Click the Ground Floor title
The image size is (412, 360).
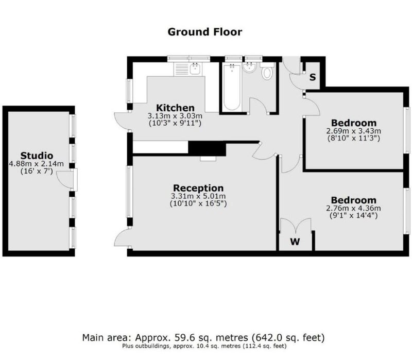(204, 32)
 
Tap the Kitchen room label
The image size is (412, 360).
(175, 108)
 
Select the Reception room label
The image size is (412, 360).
(198, 188)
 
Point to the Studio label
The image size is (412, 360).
(37, 156)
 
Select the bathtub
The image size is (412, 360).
(232, 87)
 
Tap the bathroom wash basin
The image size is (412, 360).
(249, 67)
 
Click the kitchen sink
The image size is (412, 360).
(195, 69)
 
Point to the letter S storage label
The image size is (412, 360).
(313, 77)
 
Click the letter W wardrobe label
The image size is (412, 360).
(295, 241)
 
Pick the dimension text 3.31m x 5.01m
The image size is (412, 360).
(198, 196)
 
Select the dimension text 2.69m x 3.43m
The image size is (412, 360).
(354, 131)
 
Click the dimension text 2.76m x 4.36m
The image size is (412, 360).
(353, 208)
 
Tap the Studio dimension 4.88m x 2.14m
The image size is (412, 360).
(36, 164)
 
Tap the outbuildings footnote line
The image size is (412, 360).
(204, 346)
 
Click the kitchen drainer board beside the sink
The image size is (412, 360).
(181, 69)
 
